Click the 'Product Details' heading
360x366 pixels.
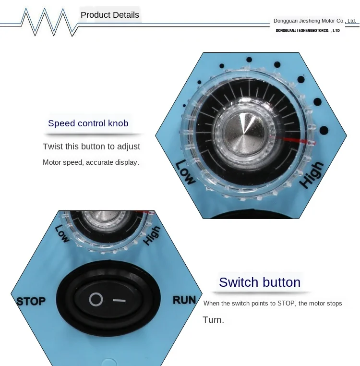tap(110, 15)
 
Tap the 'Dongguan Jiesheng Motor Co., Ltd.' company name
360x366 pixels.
tap(314, 21)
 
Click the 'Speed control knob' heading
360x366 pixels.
tap(88, 123)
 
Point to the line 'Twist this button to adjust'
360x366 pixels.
tap(91, 146)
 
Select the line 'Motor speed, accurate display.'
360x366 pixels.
tap(91, 162)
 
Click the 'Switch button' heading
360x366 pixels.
tap(260, 282)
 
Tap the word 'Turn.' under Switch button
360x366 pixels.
tap(213, 320)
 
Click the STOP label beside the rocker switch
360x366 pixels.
tap(31, 302)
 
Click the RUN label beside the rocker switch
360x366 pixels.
tap(184, 300)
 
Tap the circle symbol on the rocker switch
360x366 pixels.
tap(96, 300)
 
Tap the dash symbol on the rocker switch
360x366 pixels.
tap(119, 301)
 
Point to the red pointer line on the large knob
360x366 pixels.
tap(298, 141)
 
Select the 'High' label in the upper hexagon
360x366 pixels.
tap(312, 175)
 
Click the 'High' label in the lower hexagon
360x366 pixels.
tap(152, 235)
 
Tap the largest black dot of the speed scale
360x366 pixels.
tap(324, 130)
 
